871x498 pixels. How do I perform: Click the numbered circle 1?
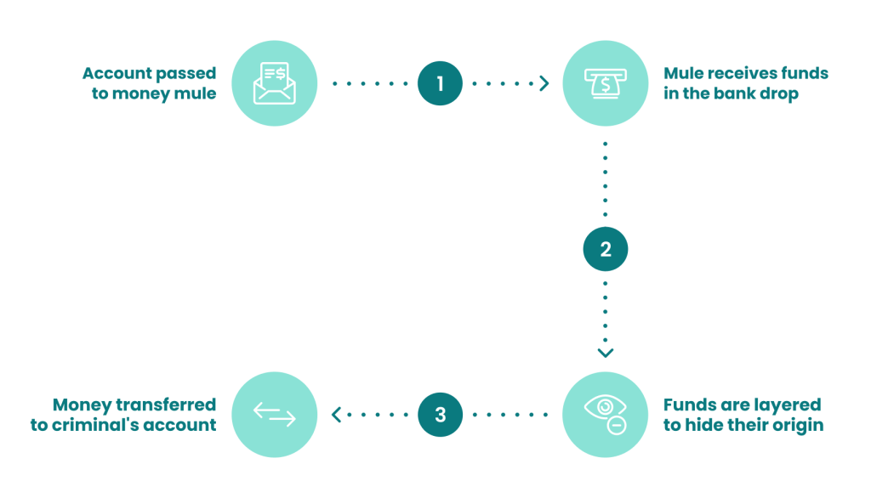(x=440, y=83)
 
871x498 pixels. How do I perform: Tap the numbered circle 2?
(x=606, y=249)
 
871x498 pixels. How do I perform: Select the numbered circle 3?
(x=440, y=415)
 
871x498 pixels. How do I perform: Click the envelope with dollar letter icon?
(x=275, y=83)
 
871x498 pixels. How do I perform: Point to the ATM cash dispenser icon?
(x=606, y=83)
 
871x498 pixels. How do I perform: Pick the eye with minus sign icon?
(x=606, y=414)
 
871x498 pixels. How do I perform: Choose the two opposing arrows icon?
(x=275, y=415)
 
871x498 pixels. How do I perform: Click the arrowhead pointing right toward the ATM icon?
(x=544, y=83)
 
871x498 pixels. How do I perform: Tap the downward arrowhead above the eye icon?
(x=606, y=353)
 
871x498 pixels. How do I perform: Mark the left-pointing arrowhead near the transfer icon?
(x=336, y=415)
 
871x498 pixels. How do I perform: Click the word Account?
(x=117, y=73)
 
